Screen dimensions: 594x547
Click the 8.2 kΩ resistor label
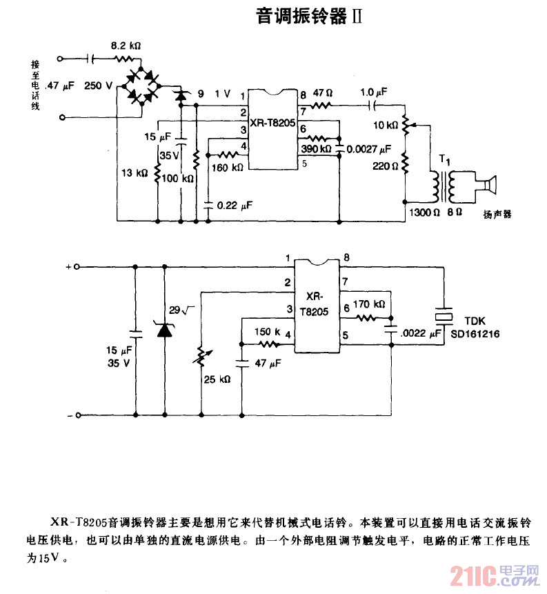coord(126,46)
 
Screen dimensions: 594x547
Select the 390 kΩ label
coord(315,148)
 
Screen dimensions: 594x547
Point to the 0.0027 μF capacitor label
coord(368,148)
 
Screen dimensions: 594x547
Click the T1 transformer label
coord(446,160)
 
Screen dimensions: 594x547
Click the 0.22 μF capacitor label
coord(235,205)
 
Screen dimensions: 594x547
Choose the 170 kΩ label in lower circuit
coord(368,303)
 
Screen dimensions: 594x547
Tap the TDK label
coord(475,321)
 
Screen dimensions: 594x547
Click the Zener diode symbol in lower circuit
coord(164,330)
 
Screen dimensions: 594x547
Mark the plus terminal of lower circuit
coord(77,266)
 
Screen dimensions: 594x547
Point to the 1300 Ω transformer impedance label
coord(423,213)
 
